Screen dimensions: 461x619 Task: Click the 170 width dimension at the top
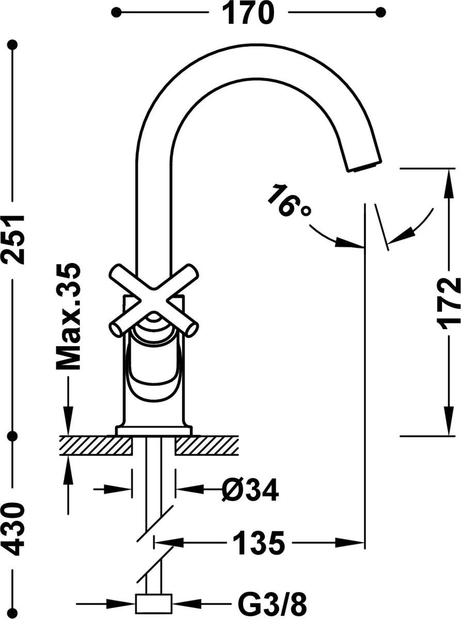248,12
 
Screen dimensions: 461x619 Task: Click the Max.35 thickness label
69,317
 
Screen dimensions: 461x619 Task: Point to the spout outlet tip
364,166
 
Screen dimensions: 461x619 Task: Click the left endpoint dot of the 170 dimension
116,12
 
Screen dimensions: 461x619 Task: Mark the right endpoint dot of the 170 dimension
380,12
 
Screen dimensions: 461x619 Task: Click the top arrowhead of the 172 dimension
449,182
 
